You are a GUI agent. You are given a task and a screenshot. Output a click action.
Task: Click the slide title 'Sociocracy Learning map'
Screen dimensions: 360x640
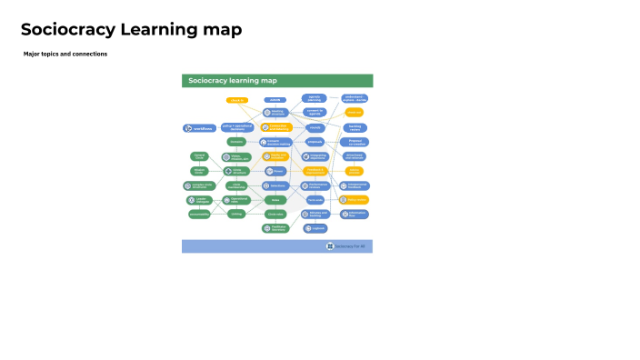click(131, 30)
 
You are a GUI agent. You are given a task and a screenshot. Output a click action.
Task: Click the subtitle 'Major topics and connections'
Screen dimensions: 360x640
click(65, 54)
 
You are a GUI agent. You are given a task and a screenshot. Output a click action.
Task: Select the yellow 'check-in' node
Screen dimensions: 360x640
click(237, 100)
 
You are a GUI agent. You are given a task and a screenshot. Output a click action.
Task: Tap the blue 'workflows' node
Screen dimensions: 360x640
click(199, 129)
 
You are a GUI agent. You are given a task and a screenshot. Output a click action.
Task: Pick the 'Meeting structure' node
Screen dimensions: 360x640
click(275, 113)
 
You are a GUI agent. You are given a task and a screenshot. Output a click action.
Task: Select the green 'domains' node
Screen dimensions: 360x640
click(236, 142)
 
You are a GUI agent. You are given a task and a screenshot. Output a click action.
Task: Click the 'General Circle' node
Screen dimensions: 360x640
click(199, 156)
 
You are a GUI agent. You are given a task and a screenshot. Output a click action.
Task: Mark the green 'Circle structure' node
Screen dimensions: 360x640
click(236, 171)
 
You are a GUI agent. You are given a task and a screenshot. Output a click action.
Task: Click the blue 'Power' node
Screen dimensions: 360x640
click(275, 171)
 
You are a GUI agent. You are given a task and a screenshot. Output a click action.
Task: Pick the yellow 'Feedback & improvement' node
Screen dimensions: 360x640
click(315, 171)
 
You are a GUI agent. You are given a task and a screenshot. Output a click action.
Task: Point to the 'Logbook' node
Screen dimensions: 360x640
click(315, 228)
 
